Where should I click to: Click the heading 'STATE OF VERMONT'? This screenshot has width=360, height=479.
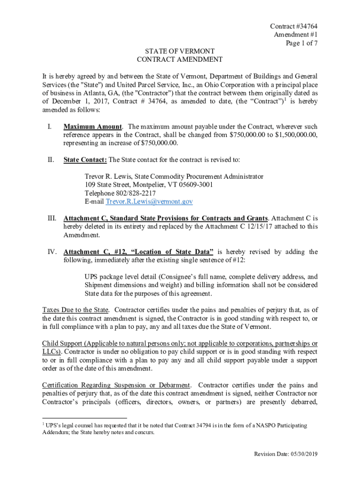click(x=179, y=51)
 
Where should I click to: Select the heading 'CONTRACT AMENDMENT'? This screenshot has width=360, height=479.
click(x=179, y=59)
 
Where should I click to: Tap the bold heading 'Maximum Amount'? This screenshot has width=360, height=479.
click(x=93, y=127)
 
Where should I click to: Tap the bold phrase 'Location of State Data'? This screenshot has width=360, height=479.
click(x=173, y=252)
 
